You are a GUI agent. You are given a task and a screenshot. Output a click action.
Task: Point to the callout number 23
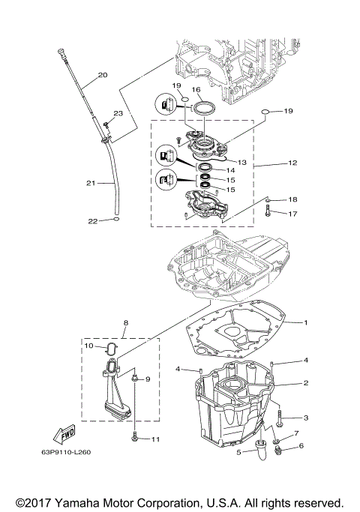[x=117, y=112]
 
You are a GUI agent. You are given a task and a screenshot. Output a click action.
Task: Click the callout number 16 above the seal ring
[x=196, y=89]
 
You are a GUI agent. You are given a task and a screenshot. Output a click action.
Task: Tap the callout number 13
[x=241, y=162]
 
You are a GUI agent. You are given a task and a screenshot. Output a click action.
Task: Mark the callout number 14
[x=241, y=171]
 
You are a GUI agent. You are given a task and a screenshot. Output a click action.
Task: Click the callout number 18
[x=292, y=199]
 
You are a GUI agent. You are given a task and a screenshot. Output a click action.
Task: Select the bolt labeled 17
[x=267, y=214]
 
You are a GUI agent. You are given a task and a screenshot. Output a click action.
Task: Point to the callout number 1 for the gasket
[x=305, y=322]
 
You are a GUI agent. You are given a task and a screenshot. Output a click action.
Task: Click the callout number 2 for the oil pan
[x=306, y=382]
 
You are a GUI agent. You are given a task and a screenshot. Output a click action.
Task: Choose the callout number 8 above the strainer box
[x=125, y=324]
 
